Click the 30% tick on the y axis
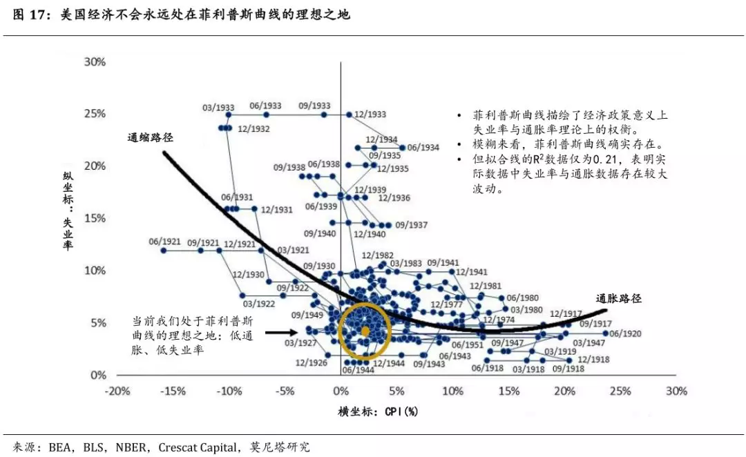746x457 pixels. (95, 61)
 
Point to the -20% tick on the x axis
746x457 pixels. (117, 391)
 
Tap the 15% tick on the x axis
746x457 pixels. (508, 391)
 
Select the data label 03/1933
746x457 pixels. (218, 108)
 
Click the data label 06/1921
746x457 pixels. (164, 242)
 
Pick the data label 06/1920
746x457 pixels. (625, 333)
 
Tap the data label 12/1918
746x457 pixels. (593, 359)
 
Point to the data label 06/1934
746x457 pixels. (423, 148)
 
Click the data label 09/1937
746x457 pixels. (413, 225)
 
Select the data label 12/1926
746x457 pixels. (311, 362)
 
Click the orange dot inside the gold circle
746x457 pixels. (365, 331)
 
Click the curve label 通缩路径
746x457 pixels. (150, 137)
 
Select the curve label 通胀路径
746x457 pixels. (619, 299)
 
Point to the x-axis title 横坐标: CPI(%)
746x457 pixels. (378, 411)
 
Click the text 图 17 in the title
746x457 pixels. (30, 14)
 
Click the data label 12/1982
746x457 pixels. (377, 255)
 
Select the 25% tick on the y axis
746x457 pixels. (95, 114)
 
